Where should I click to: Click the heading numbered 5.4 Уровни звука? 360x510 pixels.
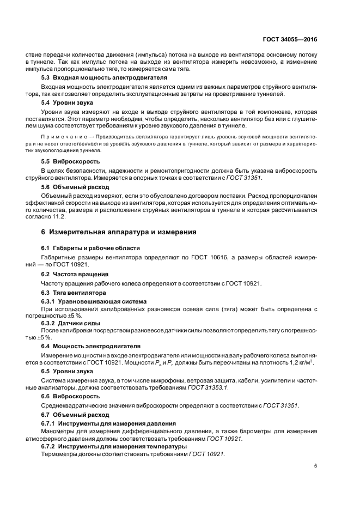pyautogui.click(x=67, y=102)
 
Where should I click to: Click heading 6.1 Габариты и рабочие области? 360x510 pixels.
pyautogui.click(x=91, y=248)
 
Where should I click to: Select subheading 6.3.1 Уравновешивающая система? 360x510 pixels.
pyautogui.click(x=94, y=301)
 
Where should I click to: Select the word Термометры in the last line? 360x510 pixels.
pyautogui.click(x=59, y=454)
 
